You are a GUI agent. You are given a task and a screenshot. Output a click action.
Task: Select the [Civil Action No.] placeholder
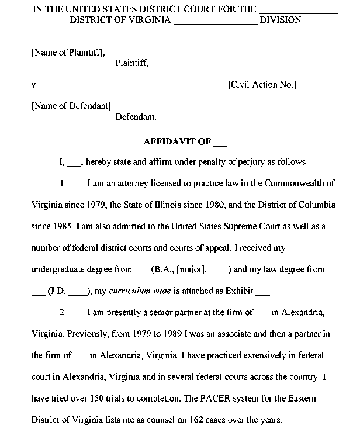[x=262, y=85]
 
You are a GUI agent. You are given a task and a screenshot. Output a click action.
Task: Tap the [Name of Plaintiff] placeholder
[x=68, y=52]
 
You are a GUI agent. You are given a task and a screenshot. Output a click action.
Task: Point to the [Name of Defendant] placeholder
[x=71, y=106]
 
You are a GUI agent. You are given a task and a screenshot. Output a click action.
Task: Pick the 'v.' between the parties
[x=34, y=85]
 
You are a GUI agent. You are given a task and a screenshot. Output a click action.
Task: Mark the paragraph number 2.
[x=63, y=313]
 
